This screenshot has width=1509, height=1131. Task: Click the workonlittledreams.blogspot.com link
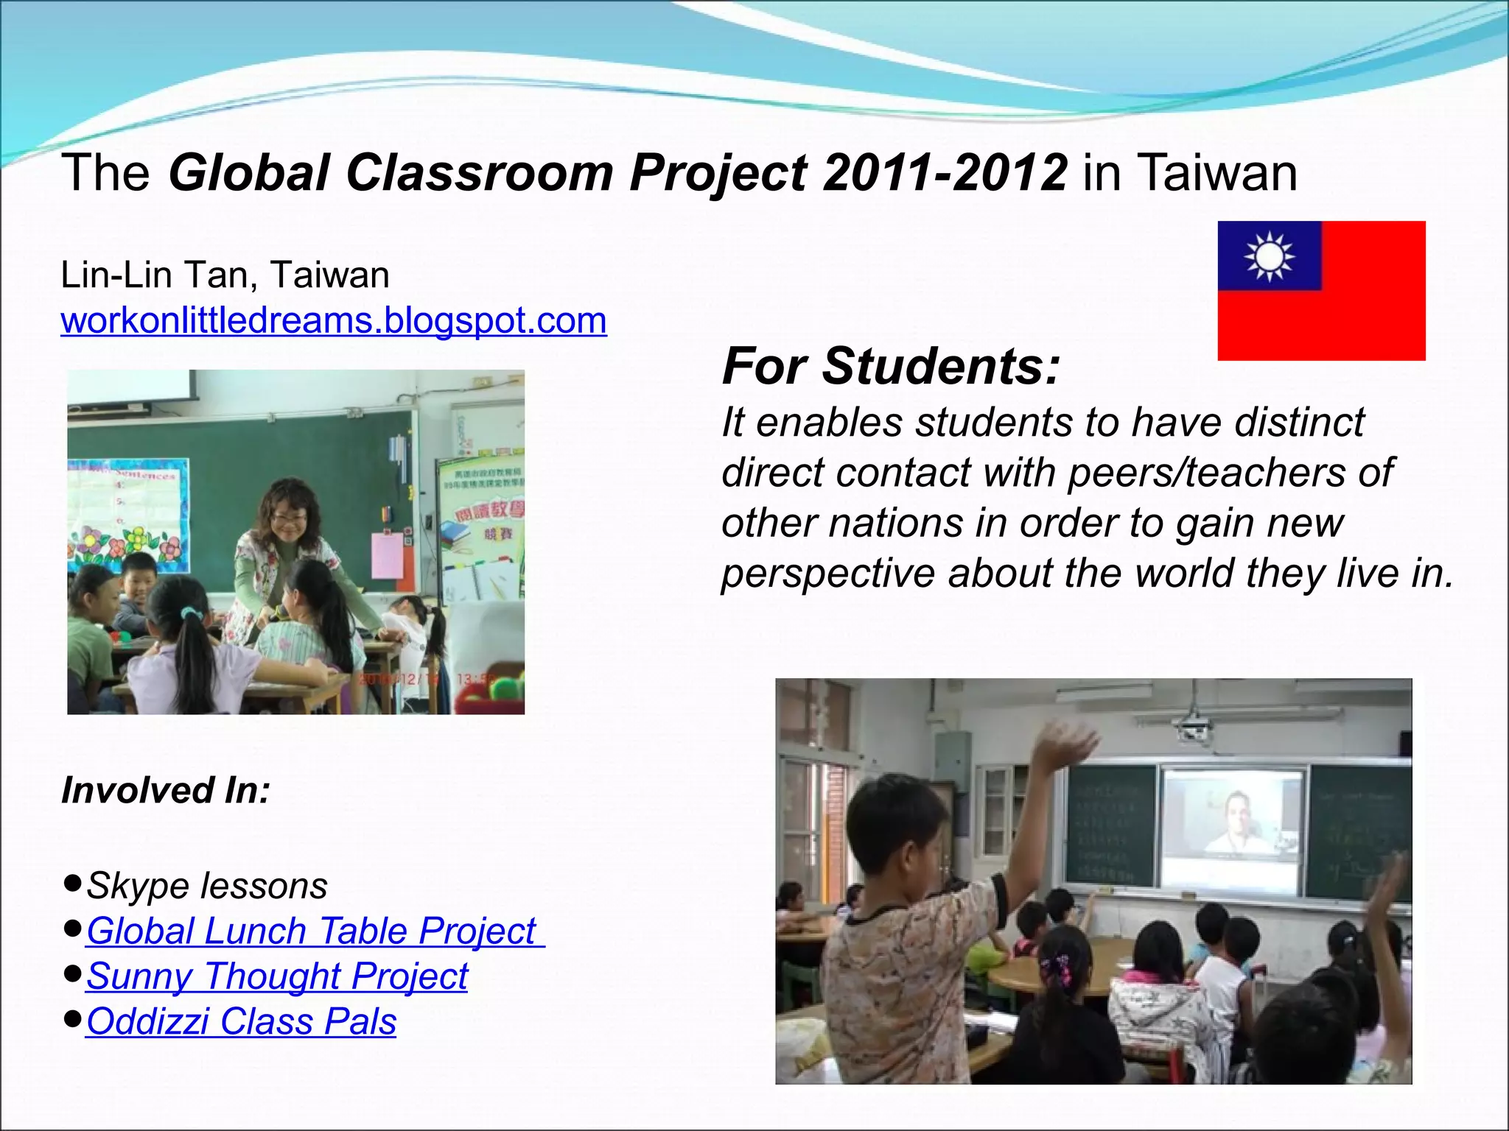(x=334, y=321)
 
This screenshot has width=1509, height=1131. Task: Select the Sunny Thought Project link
(x=277, y=976)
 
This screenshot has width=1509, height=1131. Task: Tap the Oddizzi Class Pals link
(x=241, y=1022)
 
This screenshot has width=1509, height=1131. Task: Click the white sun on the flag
(x=1269, y=256)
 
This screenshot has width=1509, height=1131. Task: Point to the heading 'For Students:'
(x=891, y=366)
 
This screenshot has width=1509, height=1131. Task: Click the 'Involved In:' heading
(x=166, y=791)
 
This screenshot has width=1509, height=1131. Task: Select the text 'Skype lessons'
(x=207, y=886)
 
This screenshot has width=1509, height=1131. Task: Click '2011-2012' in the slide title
(x=945, y=173)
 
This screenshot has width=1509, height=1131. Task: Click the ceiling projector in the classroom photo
(x=1194, y=729)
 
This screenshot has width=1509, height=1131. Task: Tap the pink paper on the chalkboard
(x=388, y=555)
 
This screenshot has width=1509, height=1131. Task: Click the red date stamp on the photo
(x=427, y=678)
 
